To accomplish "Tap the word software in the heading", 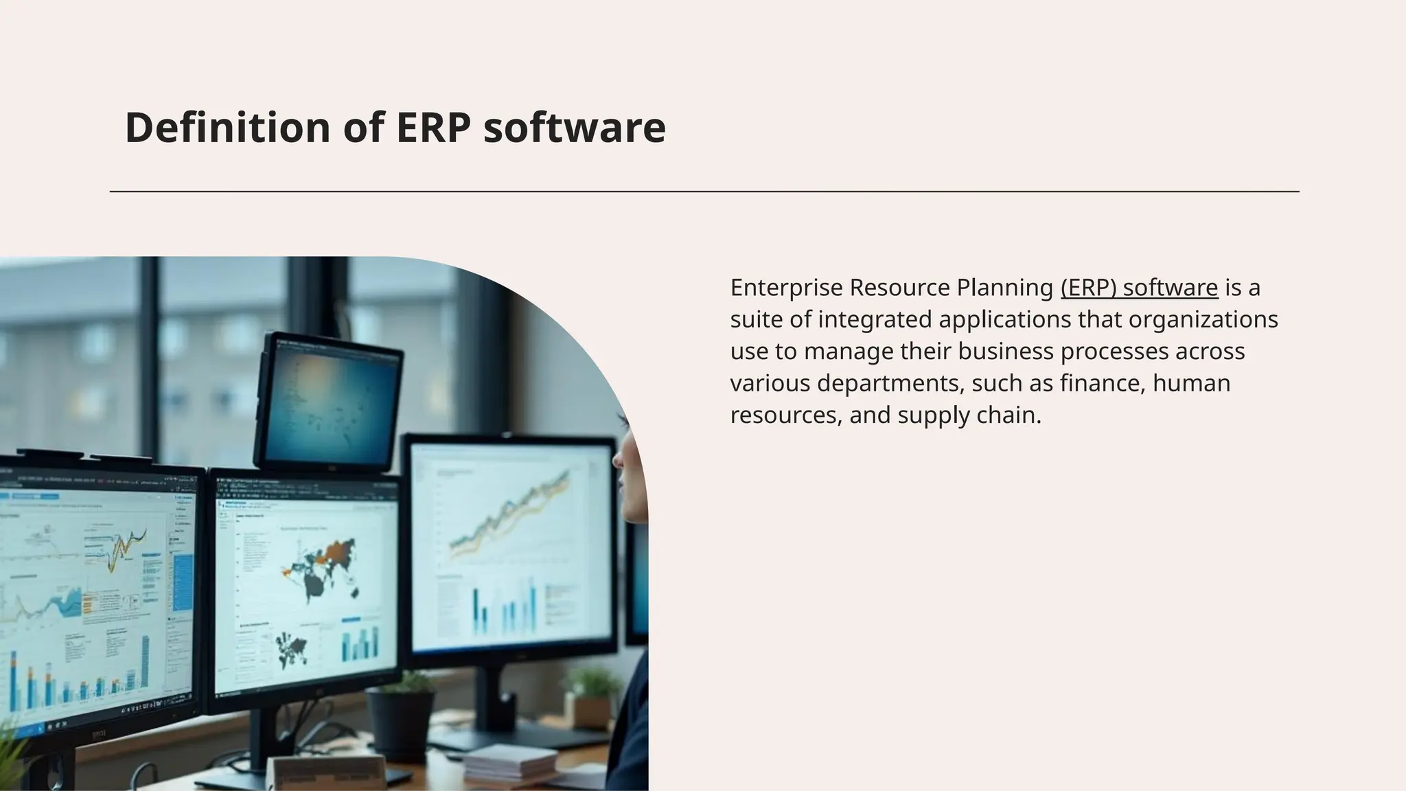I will pyautogui.click(x=575, y=128).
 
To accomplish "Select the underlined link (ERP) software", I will pyautogui.click(x=1139, y=288).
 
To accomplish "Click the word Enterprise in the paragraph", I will pyautogui.click(x=786, y=288).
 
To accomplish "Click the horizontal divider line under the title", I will pyautogui.click(x=704, y=192).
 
